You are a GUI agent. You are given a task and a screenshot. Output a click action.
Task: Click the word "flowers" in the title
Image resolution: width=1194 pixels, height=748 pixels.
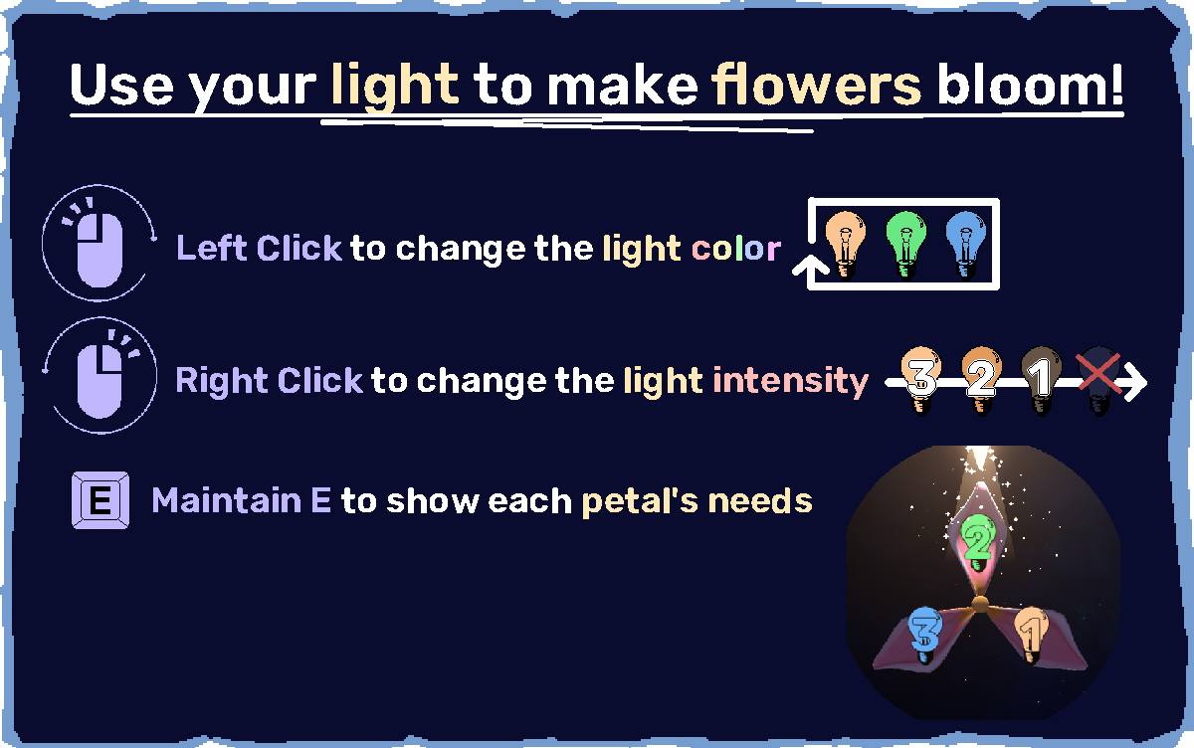817,85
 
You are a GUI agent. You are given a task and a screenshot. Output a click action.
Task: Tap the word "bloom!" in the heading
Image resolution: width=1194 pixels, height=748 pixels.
1031,84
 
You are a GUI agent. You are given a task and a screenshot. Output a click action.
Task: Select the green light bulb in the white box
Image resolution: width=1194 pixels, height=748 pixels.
905,245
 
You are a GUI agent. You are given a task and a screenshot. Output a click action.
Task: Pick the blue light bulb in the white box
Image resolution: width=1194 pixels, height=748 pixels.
965,245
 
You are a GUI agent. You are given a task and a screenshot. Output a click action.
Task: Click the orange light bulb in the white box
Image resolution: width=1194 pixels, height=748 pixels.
845,245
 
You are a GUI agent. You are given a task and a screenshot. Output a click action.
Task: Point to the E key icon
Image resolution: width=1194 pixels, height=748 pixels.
100,500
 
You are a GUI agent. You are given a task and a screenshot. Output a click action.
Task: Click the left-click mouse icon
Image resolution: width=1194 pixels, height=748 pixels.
99,243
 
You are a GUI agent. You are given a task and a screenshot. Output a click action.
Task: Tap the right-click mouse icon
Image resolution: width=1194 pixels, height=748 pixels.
99,376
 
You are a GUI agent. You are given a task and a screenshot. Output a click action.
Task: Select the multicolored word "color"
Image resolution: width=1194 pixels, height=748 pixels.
736,249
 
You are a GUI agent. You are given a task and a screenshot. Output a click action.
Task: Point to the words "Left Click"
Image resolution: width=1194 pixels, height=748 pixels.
259,248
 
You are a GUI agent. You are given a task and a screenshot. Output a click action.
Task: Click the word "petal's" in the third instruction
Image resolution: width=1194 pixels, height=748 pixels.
640,502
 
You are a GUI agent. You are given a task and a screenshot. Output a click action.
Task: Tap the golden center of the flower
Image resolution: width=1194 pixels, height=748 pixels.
980,605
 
